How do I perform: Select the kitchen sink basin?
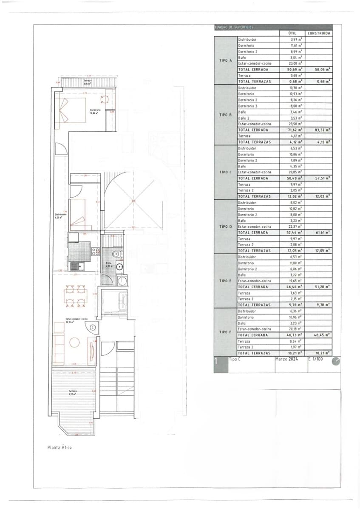[75, 266]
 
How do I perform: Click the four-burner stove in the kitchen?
[95, 251]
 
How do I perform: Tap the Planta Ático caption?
[60, 447]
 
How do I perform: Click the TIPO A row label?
[225, 60]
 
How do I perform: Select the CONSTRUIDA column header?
[319, 33]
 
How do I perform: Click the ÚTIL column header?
[292, 33]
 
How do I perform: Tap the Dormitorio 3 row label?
[247, 106]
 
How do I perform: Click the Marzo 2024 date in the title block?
[287, 359]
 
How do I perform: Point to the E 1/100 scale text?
[315, 359]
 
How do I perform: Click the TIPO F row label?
[225, 332]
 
